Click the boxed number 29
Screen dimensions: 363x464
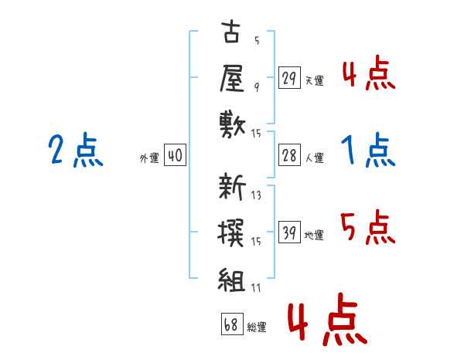click(289, 78)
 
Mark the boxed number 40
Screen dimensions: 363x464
click(175, 156)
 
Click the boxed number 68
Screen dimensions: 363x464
click(231, 324)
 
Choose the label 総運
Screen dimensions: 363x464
click(257, 327)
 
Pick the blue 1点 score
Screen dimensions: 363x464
click(368, 150)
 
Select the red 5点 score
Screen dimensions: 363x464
click(369, 228)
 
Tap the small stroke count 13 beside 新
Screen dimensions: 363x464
click(256, 195)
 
